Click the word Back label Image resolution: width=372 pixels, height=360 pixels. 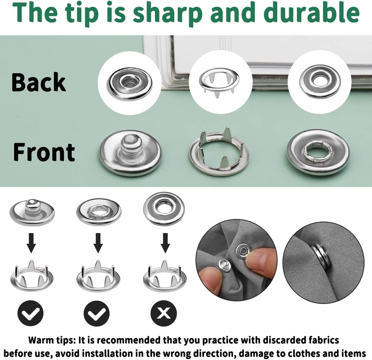click(39, 82)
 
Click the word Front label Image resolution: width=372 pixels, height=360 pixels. click(44, 152)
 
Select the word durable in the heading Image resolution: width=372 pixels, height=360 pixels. click(311, 12)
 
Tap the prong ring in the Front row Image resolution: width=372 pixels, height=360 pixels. click(219, 152)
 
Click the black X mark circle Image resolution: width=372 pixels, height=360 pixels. click(164, 313)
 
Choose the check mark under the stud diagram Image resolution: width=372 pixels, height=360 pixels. click(30, 313)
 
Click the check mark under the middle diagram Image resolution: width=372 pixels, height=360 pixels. click(97, 313)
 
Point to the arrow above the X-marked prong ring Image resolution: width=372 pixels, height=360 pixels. click(165, 243)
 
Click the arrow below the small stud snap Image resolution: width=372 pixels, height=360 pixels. click(31, 243)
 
